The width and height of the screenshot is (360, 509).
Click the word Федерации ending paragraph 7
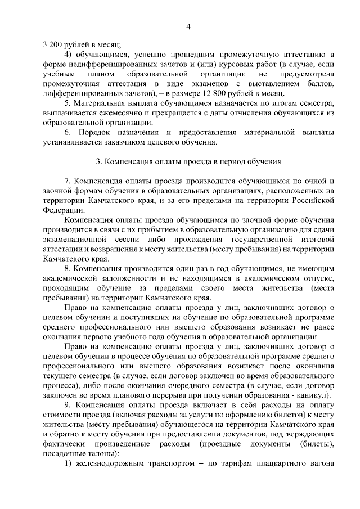61,210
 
